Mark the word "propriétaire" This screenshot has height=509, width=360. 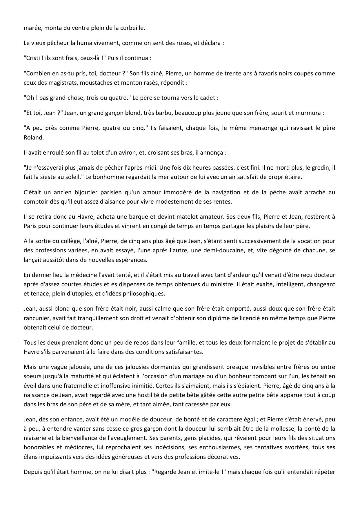coord(284,177)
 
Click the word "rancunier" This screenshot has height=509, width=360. coord(37,318)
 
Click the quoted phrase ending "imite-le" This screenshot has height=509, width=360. coord(190,472)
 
